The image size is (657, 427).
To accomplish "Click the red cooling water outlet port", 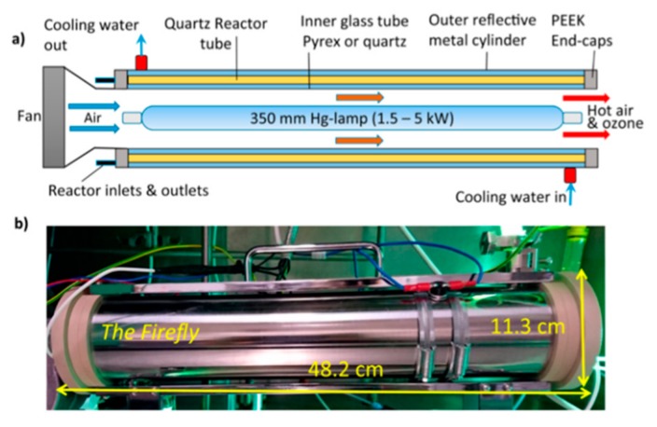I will coord(141,62).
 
